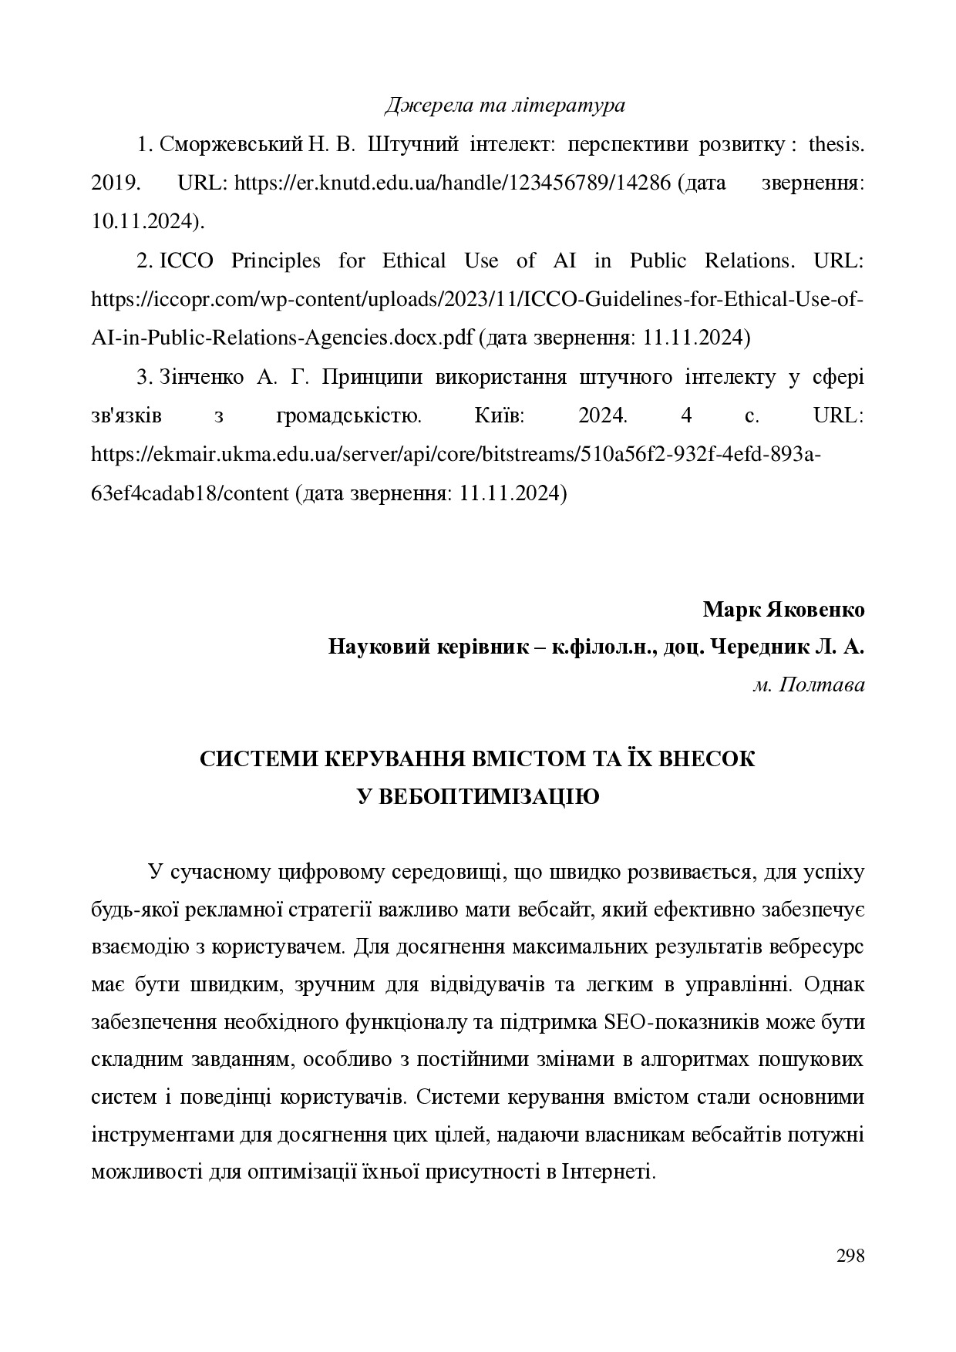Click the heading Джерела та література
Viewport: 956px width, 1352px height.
coord(504,105)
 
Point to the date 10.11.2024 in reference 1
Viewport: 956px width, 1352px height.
coord(146,222)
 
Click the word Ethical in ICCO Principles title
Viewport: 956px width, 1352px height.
coord(414,261)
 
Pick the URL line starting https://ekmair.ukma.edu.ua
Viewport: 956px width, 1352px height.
coord(456,455)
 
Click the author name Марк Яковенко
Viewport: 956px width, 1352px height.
coord(783,610)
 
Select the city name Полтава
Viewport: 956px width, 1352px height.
coord(823,684)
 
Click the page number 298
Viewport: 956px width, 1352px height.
coord(850,1257)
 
